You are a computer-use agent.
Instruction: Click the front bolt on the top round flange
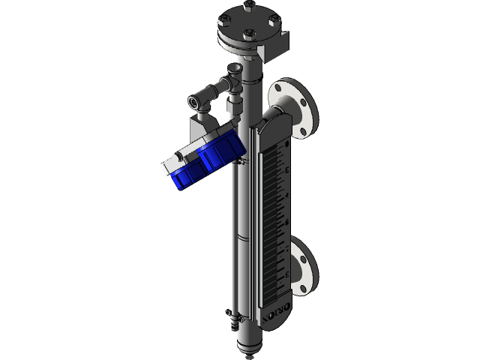coord(249,32)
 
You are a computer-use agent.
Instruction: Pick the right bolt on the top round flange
coord(274,19)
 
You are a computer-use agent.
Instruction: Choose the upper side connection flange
coord(297,108)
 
